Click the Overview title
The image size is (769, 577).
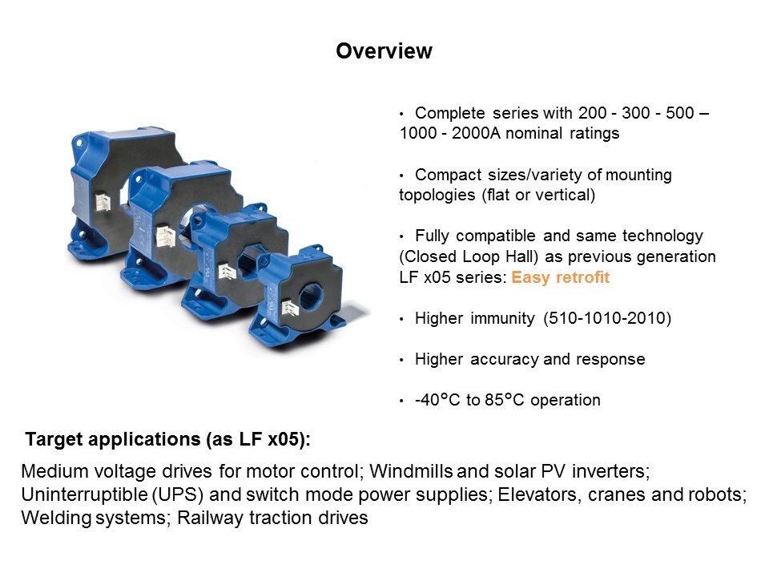coord(384,51)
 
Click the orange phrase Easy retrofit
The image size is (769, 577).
coord(560,277)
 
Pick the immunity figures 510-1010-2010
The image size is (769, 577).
coord(606,318)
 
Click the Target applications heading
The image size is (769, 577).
coord(167,439)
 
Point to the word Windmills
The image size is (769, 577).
coord(411,471)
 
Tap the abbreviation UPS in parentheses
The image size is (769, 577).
coord(178,494)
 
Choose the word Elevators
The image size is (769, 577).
coord(537,494)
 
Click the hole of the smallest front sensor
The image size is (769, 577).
coord(310,297)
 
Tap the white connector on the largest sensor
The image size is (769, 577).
coord(103,201)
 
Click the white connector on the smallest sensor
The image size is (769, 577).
coord(289,308)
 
